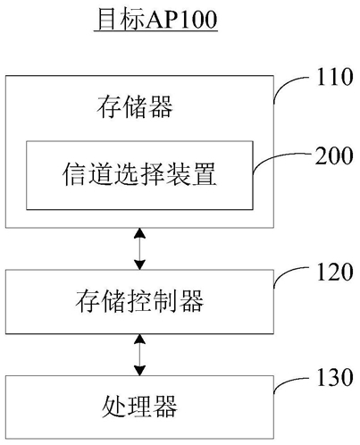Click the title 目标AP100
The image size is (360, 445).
click(x=157, y=20)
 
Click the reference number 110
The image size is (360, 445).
click(x=335, y=77)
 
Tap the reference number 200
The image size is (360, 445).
click(x=334, y=155)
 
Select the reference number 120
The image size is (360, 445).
click(x=335, y=272)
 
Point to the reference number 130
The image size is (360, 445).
click(x=335, y=377)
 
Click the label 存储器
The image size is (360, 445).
click(x=135, y=107)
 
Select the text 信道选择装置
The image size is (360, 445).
click(x=139, y=174)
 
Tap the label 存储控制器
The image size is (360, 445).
click(x=139, y=301)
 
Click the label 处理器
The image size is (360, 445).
click(x=139, y=407)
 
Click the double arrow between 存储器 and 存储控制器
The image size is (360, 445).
click(x=139, y=249)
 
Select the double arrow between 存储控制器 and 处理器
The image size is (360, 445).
click(x=139, y=355)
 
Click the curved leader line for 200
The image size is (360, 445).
click(x=274, y=158)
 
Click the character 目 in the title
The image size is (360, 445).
click(x=107, y=20)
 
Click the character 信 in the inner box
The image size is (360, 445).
click(x=74, y=174)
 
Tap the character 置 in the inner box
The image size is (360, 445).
click(x=204, y=174)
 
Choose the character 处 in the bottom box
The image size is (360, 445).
click(x=113, y=407)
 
